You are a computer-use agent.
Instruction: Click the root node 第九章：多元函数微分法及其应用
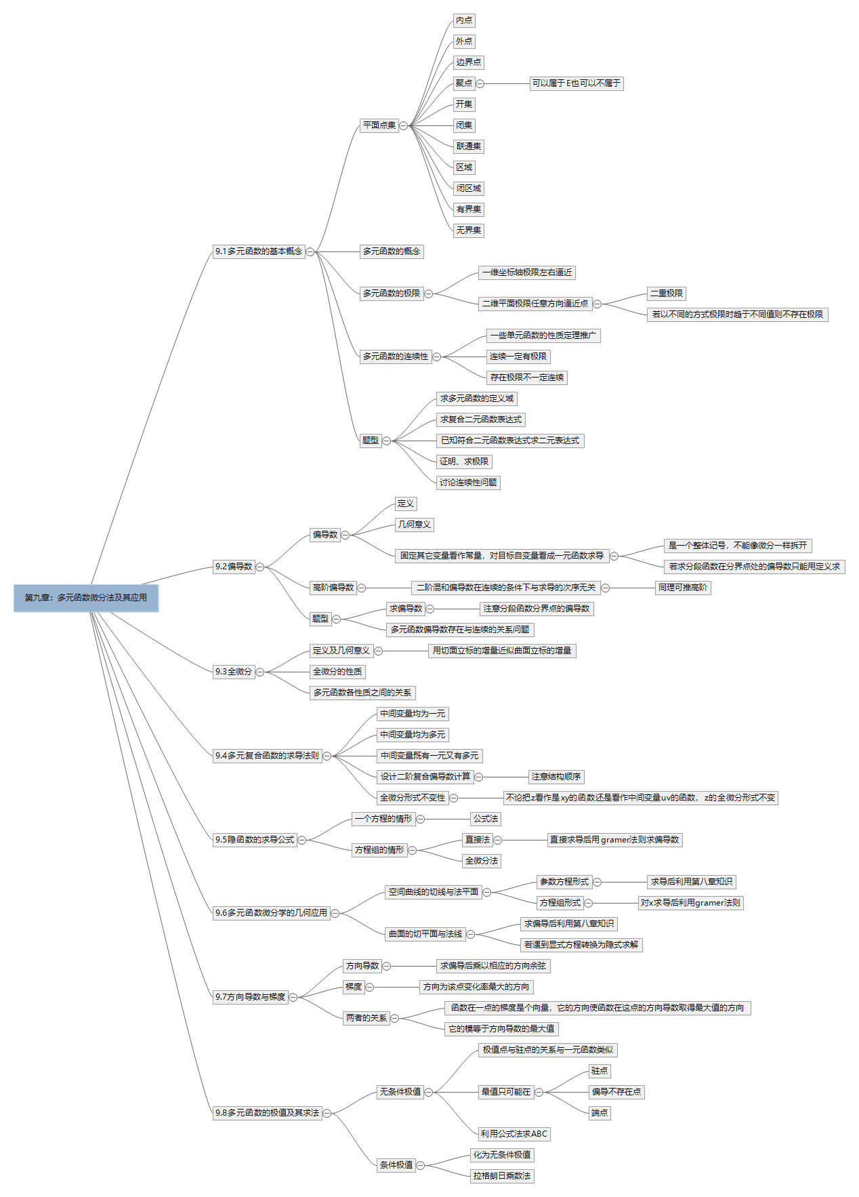pyautogui.click(x=86, y=598)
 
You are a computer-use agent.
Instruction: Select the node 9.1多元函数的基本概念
pyautogui.click(x=259, y=251)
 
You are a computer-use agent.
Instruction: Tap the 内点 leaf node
pyautogui.click(x=464, y=21)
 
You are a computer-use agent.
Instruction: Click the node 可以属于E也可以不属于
pyautogui.click(x=577, y=83)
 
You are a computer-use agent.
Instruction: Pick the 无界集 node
pyautogui.click(x=469, y=230)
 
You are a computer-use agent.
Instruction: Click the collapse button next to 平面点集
pyautogui.click(x=404, y=125)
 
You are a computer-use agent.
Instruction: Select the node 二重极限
pyautogui.click(x=667, y=293)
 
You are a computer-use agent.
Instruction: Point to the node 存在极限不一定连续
pyautogui.click(x=527, y=378)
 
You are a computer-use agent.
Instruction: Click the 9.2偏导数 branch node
pyautogui.click(x=234, y=567)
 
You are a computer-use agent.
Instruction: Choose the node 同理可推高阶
pyautogui.click(x=683, y=588)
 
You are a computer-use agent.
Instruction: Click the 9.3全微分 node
pyautogui.click(x=234, y=672)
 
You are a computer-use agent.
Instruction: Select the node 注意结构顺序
pyautogui.click(x=556, y=777)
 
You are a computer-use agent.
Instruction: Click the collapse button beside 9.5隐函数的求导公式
pyautogui.click(x=303, y=840)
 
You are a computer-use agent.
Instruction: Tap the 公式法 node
pyautogui.click(x=486, y=819)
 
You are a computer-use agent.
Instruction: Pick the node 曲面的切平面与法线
pyautogui.click(x=425, y=934)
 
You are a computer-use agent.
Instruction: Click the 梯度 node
pyautogui.click(x=354, y=987)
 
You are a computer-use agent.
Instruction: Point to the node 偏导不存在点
pyautogui.click(x=616, y=1092)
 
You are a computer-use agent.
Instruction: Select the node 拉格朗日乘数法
pyautogui.click(x=502, y=1176)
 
